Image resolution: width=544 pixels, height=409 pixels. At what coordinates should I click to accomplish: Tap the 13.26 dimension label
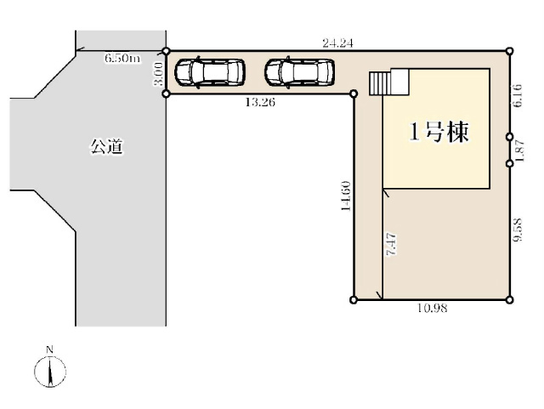click(258, 102)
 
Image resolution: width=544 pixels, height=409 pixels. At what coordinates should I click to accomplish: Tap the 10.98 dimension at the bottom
click(433, 308)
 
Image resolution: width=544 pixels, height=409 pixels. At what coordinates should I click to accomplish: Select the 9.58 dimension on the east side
click(517, 231)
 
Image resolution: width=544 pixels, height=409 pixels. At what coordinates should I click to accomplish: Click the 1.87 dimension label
click(517, 151)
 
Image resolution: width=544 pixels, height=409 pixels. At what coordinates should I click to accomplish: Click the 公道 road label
click(107, 146)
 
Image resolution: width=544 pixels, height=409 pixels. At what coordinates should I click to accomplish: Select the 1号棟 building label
click(439, 133)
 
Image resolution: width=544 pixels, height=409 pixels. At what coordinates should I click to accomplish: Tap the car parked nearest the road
click(209, 72)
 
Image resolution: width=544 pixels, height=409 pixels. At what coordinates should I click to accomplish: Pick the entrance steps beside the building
click(381, 83)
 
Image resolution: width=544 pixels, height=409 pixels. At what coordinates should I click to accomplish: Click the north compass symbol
click(51, 371)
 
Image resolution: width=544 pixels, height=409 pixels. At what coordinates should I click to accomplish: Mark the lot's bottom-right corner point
click(510, 299)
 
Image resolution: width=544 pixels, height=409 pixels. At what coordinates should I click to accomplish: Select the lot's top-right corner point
click(510, 51)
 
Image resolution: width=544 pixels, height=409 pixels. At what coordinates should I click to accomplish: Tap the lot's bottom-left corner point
click(354, 299)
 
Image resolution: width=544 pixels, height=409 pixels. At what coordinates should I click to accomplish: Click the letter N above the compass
click(50, 349)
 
